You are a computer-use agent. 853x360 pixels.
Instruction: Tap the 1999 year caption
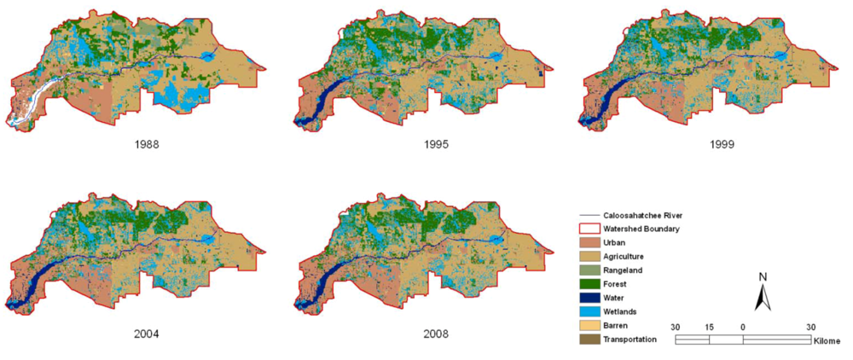[720, 143]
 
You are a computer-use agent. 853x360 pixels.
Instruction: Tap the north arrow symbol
[763, 297]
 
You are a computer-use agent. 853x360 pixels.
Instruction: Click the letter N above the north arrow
[763, 276]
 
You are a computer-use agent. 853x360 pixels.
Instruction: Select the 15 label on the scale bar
[709, 327]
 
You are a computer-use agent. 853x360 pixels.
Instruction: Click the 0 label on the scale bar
[742, 327]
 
